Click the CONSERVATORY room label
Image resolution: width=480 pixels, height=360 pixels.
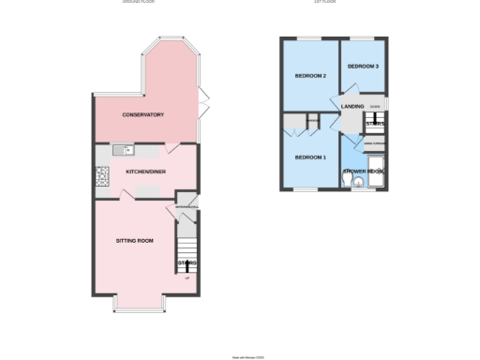(x=142, y=114)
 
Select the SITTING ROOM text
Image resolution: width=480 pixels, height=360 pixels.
(x=134, y=241)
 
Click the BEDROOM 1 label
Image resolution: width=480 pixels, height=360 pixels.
(x=310, y=157)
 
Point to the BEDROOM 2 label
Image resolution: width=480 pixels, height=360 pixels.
(x=310, y=75)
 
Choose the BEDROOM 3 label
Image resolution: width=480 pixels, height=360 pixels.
(x=363, y=67)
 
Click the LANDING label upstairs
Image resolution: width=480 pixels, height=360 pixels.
(x=352, y=107)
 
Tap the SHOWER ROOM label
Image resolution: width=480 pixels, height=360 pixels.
(x=364, y=172)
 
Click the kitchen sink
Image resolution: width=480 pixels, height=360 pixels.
(x=123, y=150)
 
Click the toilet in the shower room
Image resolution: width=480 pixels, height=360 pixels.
(x=354, y=182)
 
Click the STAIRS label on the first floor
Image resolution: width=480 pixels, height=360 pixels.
(x=376, y=123)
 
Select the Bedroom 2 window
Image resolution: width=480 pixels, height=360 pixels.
(x=308, y=37)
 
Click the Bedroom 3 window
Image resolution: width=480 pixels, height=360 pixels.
(x=363, y=37)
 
